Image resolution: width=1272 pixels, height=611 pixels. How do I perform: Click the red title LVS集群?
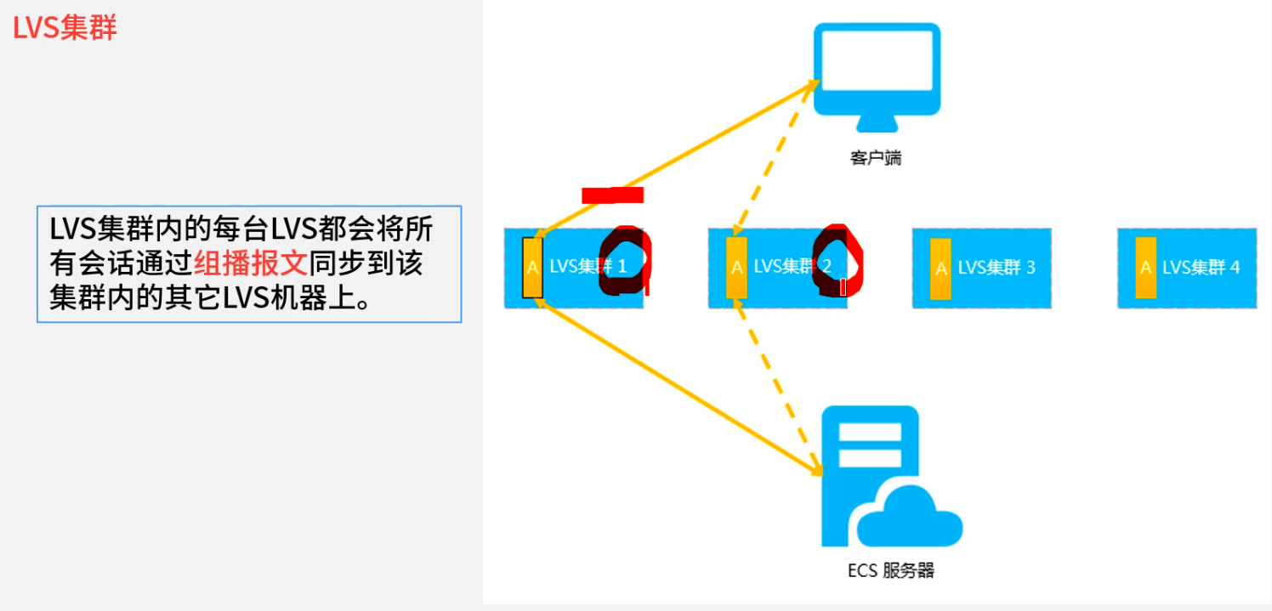coord(65,28)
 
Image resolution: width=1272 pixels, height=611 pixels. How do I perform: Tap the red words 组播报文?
coord(250,264)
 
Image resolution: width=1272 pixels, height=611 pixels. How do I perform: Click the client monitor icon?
coord(877,75)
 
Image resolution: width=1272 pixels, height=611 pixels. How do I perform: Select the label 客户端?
coord(875,158)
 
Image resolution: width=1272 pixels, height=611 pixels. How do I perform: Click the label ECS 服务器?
coord(890,570)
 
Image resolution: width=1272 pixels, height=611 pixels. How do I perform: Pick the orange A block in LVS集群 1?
coord(532,268)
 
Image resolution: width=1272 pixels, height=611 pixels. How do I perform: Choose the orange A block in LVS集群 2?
coord(736,268)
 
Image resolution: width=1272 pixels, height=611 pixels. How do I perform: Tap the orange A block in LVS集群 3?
coord(940,269)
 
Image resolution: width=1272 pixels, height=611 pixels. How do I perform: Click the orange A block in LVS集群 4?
coord(1145,268)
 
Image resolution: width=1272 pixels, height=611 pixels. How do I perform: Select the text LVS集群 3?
coord(996,268)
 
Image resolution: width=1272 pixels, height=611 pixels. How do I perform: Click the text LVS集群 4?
coord(1201,268)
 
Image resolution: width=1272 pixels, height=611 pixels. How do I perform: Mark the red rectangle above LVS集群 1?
coord(612,195)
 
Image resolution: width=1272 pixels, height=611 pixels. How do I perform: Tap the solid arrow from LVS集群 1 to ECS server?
coord(680,387)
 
